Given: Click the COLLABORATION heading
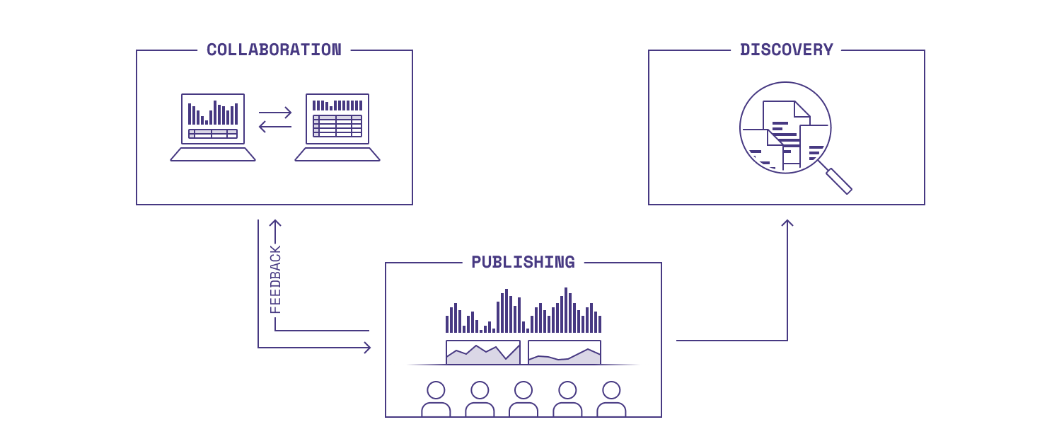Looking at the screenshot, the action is point(274,50).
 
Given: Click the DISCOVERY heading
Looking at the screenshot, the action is point(786,50).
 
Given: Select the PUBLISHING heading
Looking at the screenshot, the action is point(523,262).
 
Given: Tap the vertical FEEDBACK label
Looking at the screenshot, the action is point(275,280).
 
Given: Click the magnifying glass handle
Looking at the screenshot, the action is point(839,181).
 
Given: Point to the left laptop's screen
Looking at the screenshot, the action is point(213,119).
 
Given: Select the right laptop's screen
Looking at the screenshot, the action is point(337,119).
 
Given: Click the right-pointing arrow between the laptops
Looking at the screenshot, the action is point(275,113).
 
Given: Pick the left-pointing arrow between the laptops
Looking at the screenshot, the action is point(274,127).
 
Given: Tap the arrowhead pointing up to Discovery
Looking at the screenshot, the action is point(787,224).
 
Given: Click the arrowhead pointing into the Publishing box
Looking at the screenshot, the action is point(366,348).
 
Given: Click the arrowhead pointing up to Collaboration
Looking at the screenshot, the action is point(275,224).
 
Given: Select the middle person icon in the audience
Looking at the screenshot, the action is point(523,399).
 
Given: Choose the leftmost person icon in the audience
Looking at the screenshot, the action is point(436,399).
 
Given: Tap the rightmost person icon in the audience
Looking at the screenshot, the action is point(611,399).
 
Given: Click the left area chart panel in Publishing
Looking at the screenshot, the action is point(483,353).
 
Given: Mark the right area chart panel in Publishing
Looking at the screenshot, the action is point(565,353).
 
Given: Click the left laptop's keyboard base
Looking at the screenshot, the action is point(213,154).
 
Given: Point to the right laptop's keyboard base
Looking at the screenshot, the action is point(337,154).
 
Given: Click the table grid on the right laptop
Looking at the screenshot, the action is point(337,126).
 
